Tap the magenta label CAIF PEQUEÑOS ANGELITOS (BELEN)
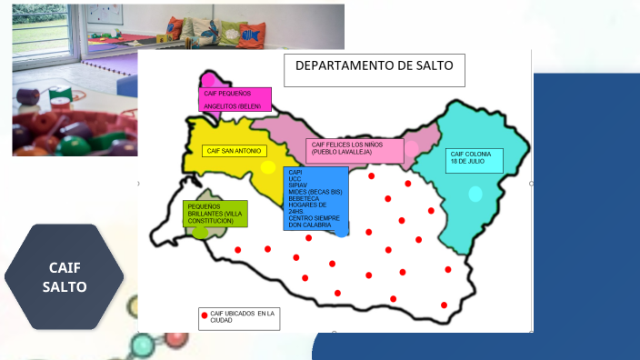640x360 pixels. (x=235, y=99)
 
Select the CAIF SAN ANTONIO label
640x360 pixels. (x=234, y=150)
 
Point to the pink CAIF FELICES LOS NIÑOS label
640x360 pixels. (x=355, y=150)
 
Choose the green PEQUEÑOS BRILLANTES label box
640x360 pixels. (x=215, y=215)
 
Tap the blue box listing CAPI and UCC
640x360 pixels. (x=315, y=198)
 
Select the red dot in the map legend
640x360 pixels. (x=204, y=315)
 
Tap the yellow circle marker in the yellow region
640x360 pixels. (x=268, y=167)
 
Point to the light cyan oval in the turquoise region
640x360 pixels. (x=475, y=194)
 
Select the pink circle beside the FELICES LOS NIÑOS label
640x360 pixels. (x=412, y=149)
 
